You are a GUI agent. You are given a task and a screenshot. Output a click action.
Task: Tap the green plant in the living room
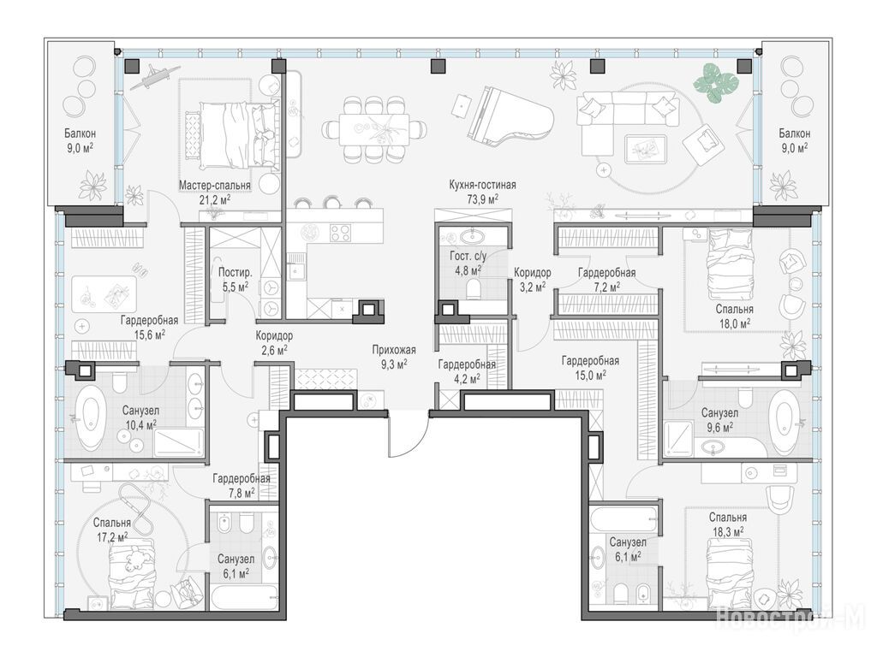point(716,83)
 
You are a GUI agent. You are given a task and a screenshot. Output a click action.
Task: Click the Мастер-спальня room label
point(215,185)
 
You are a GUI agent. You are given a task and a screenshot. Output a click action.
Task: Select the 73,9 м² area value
point(482,198)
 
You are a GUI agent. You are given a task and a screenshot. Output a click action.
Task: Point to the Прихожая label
point(394,350)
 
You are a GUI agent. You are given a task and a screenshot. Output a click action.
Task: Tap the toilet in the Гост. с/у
point(474,288)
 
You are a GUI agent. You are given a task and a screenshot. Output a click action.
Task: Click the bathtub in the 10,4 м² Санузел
point(91,417)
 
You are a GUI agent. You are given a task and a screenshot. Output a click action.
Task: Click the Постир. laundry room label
point(235,273)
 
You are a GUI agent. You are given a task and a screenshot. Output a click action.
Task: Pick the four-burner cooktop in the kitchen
point(340,233)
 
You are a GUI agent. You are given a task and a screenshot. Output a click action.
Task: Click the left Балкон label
point(80,133)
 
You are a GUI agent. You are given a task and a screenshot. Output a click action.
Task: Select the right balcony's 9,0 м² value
point(794,148)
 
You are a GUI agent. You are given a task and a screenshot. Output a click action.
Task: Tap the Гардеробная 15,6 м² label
point(149,328)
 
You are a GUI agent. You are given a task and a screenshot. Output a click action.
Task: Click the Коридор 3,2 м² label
point(532,280)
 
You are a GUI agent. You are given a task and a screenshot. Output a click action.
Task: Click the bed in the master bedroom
point(230,135)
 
